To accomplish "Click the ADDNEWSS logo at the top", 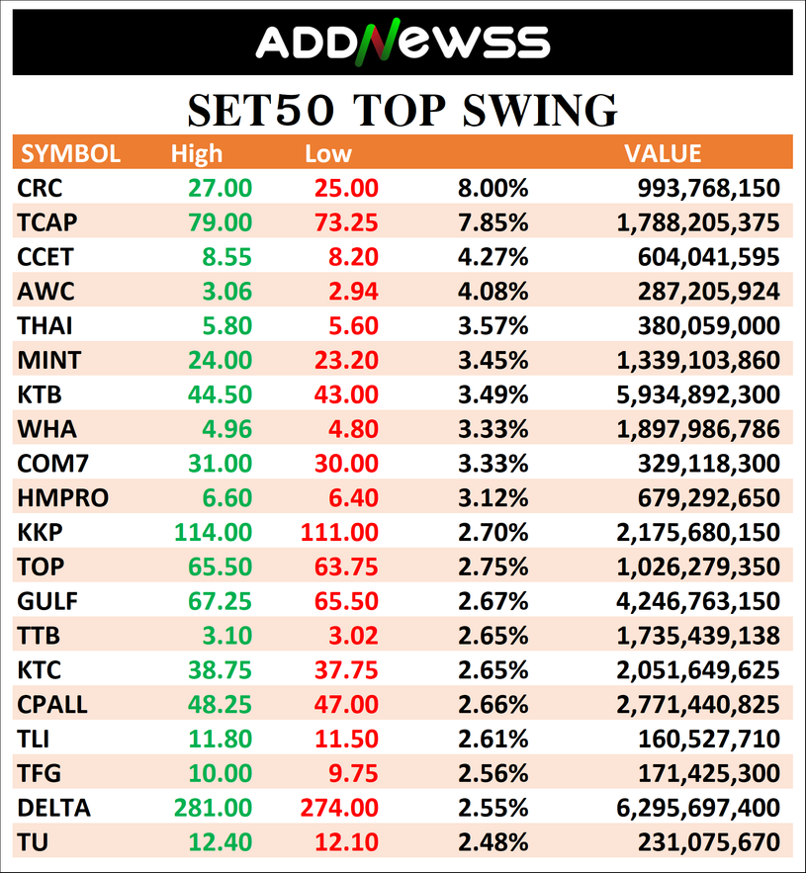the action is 403,42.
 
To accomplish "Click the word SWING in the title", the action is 540,110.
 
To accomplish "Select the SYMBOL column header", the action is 70,153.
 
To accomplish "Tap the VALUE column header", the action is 663,153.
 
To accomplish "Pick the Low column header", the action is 328,153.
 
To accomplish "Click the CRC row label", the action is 40,188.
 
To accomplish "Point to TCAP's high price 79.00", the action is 220,222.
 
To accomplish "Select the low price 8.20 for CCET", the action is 353,257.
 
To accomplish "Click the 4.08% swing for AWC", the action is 493,292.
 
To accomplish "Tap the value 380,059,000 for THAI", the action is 708,325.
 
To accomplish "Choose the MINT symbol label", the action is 49,360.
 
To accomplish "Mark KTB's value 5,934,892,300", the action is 698,394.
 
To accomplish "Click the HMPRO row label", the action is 63,497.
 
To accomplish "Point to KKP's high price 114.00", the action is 214,532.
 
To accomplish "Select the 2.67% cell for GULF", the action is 493,601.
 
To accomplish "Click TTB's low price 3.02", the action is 353,636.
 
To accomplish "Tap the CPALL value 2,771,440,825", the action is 698,704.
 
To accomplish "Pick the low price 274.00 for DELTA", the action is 339,808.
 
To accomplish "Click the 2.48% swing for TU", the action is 493,842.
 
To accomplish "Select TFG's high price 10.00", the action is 220,773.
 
